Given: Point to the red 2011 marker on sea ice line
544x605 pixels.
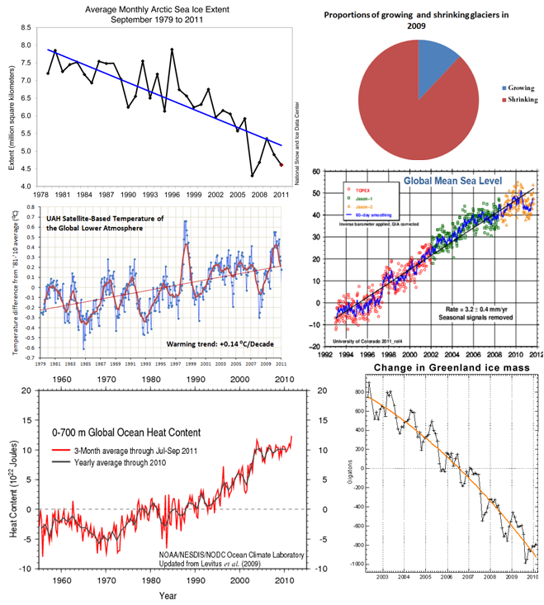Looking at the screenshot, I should [281, 165].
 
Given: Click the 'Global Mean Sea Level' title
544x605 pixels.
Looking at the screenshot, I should [454, 182].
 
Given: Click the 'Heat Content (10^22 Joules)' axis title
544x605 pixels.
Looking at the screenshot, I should [14, 480].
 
